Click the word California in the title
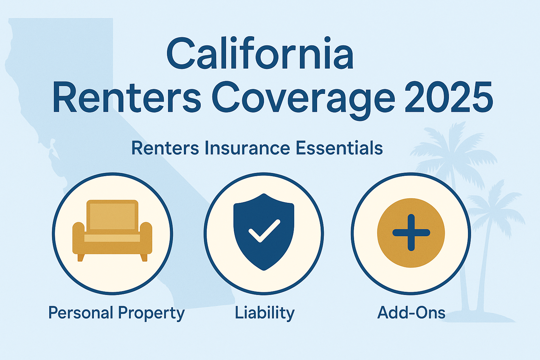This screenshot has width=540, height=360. point(260,53)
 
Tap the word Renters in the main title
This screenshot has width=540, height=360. point(127,96)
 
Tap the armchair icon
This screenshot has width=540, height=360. point(112,231)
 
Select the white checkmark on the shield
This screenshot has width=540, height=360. point(264,231)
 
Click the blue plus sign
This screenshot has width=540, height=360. point(411,233)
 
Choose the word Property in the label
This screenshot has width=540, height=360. point(152,314)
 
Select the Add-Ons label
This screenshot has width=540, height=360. point(411,313)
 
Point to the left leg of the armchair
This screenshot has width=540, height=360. point(81,258)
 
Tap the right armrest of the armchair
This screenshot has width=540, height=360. point(146,238)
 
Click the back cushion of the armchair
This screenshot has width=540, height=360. point(112,216)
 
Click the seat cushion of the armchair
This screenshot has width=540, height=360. point(112,238)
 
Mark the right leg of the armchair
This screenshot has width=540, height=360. point(144,258)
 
